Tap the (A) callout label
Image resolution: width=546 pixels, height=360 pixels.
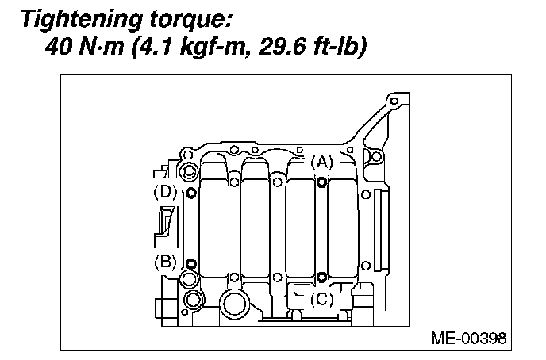(321, 163)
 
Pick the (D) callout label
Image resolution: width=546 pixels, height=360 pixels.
(165, 192)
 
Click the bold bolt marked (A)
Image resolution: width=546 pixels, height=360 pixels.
(321, 182)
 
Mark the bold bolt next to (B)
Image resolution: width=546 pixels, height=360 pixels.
(190, 264)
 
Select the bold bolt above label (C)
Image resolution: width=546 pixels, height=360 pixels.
(321, 278)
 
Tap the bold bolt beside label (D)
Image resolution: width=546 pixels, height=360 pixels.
(190, 193)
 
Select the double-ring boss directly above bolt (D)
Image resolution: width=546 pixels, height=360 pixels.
(190, 172)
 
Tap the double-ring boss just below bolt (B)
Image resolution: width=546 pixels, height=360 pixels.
(190, 279)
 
